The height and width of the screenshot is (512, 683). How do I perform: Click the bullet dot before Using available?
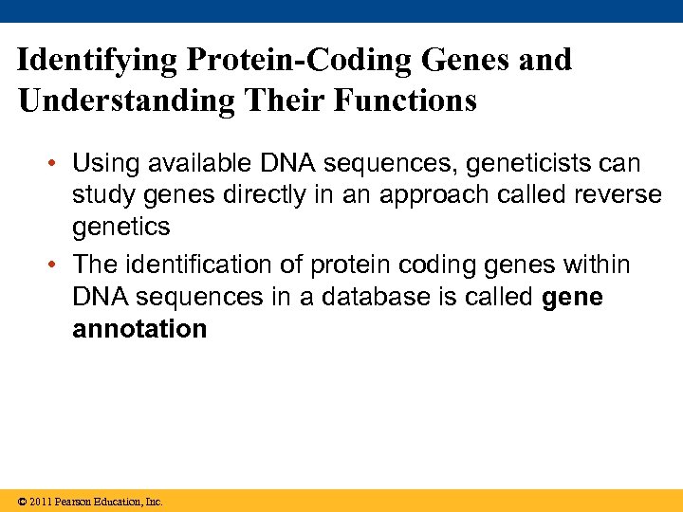[x=58, y=164]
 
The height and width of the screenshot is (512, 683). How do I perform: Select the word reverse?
[x=620, y=195]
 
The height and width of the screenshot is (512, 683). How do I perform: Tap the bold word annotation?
[x=139, y=329]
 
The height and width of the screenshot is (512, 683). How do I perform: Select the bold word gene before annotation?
[x=572, y=298]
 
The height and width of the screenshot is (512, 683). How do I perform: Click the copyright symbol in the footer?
[x=22, y=501]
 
